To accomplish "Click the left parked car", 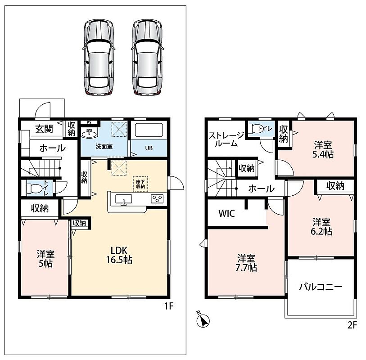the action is click(x=99, y=58).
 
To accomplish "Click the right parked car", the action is click(x=147, y=58).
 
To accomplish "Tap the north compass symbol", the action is click(x=203, y=320).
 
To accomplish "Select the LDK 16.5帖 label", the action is click(x=119, y=255).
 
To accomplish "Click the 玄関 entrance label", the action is click(x=44, y=129).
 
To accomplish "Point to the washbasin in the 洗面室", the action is click(x=89, y=134).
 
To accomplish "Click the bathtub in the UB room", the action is click(x=149, y=130).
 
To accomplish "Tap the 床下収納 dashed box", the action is click(x=140, y=184).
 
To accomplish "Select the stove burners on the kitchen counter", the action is click(x=157, y=198).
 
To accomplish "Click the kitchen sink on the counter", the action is click(x=123, y=200).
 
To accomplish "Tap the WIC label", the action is click(x=226, y=213).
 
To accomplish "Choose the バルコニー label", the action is click(x=321, y=287).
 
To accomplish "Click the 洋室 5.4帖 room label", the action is click(x=323, y=149).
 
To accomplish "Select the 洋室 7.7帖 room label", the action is click(x=246, y=263).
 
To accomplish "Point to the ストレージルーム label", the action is click(x=226, y=139).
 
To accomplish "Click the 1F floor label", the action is click(x=169, y=306).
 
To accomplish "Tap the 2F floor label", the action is click(x=352, y=325).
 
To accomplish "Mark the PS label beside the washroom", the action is click(x=89, y=122).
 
